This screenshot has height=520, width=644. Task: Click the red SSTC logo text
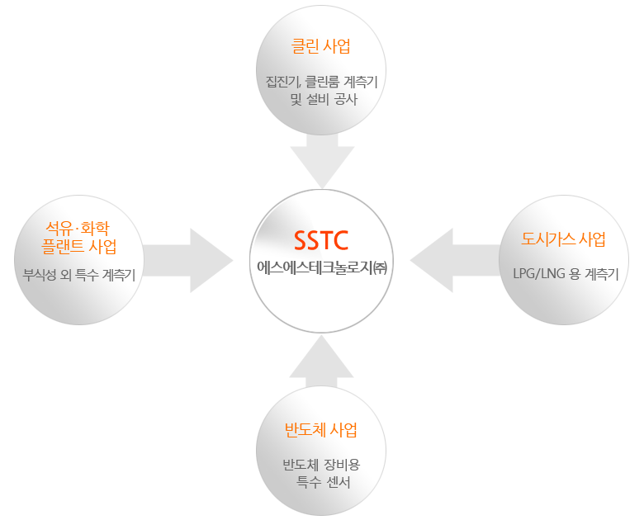[321, 240]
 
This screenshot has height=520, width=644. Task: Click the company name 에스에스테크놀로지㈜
[322, 267]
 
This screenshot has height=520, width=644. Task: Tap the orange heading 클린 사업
[321, 46]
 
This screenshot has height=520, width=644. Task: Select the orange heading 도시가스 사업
[563, 239]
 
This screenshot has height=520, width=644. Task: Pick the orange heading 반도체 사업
[321, 430]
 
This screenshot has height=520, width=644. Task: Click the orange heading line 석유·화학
[78, 228]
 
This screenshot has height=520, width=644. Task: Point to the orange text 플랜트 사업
[79, 247]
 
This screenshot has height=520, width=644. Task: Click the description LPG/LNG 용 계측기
[566, 273]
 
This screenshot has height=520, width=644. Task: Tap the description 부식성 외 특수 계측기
[79, 275]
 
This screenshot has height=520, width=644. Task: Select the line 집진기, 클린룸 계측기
[322, 82]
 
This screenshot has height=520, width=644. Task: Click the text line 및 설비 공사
[324, 99]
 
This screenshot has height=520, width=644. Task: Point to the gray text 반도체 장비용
[321, 465]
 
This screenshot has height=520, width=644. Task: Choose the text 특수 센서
[323, 482]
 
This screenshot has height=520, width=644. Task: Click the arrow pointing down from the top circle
[322, 160]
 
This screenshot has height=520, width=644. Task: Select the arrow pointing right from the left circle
[188, 260]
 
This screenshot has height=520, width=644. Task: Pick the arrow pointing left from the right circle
[456, 260]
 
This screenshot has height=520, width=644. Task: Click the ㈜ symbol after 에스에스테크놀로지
[381, 267]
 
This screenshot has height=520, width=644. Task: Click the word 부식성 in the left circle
[40, 275]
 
